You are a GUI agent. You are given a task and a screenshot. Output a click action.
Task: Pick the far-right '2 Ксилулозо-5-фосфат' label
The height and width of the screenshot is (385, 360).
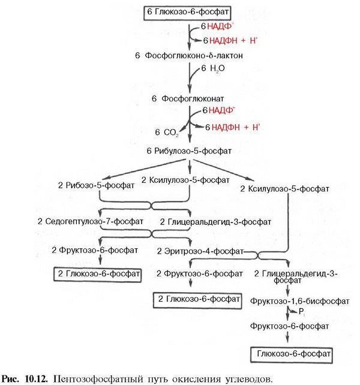[284, 188]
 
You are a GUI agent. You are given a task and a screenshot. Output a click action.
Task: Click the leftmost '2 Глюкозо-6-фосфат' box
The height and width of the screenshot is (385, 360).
[98, 274]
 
